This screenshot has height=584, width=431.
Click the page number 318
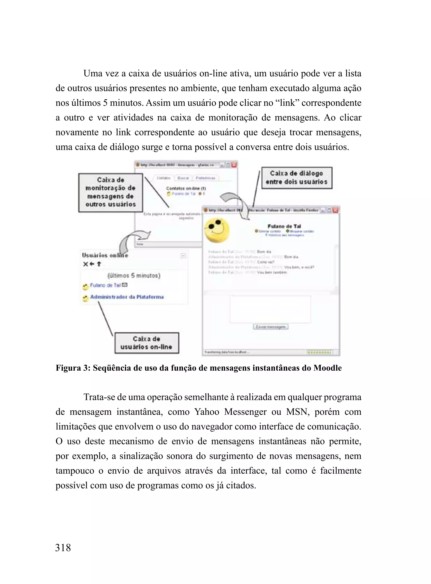click(63, 547)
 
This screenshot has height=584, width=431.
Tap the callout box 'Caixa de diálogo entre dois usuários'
click(297, 178)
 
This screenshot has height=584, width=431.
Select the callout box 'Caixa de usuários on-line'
click(147, 343)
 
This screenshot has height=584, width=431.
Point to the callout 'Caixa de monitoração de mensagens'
click(111, 192)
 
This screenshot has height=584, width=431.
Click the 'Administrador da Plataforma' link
click(127, 297)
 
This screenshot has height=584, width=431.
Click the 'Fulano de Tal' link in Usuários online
click(105, 285)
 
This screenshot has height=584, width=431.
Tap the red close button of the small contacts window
click(234, 165)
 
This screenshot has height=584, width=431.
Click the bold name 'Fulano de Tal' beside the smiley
click(284, 226)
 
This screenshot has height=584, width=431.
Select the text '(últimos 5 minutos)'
click(134, 275)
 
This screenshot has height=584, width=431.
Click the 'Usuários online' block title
click(105, 255)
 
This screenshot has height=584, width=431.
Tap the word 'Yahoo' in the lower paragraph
click(207, 412)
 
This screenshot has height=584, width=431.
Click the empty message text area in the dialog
click(270, 309)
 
